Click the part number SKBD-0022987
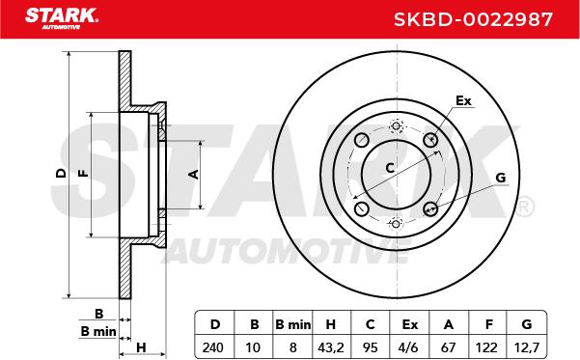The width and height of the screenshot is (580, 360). pos(473,19)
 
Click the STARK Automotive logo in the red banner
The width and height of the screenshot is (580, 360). pos(62,18)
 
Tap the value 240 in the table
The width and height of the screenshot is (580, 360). pos(213,347)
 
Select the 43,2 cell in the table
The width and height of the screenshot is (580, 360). pos(331,347)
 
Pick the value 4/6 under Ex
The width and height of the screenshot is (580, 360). pos(409,347)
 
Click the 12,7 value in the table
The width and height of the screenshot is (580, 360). pos(527,347)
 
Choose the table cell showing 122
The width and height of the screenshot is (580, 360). pos(486,347)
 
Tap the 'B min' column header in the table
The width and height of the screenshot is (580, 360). pos(292,324)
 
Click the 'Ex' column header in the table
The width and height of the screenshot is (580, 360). pos(410,324)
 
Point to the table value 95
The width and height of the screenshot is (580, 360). pos(370,347)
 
